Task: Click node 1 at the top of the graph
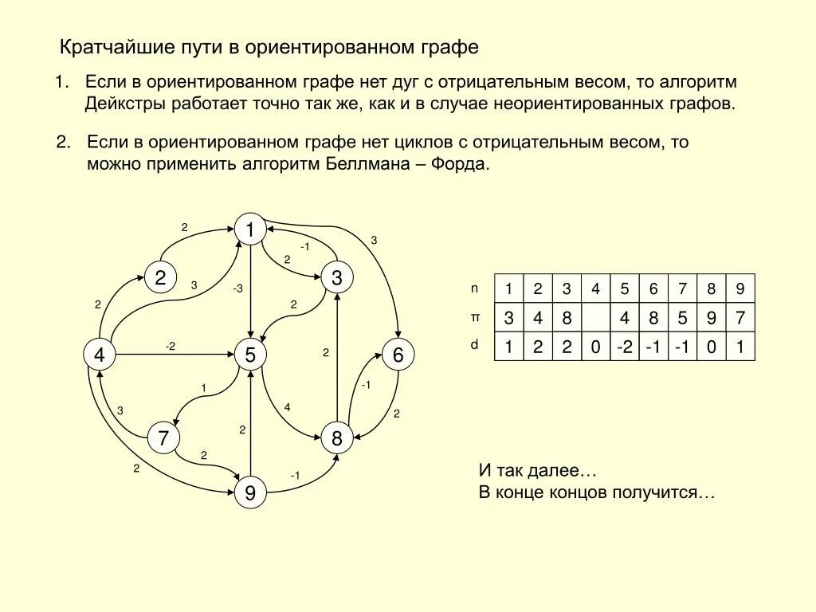tap(250, 229)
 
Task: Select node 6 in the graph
tap(398, 355)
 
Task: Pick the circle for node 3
tap(337, 277)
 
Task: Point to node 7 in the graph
tap(163, 437)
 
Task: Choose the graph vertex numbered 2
tap(160, 277)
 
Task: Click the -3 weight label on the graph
tap(237, 289)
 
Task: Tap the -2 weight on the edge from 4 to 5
tap(171, 345)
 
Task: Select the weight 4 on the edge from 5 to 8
tap(287, 407)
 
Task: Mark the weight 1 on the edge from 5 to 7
tap(203, 388)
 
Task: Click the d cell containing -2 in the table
tap(625, 347)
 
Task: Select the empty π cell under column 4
tap(595, 318)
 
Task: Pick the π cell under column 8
tap(712, 318)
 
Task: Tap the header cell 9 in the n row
tap(740, 288)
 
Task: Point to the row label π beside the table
tap(476, 317)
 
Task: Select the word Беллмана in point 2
tap(360, 164)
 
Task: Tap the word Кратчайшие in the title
tap(112, 47)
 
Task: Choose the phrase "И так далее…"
tap(538, 470)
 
